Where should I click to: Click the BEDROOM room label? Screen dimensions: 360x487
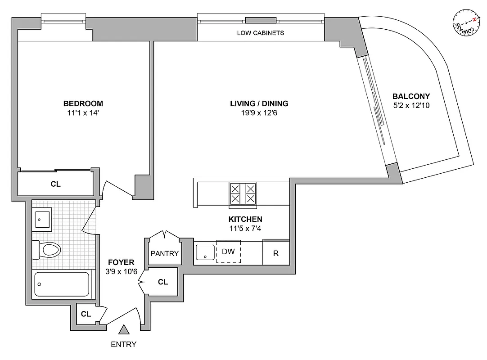83,103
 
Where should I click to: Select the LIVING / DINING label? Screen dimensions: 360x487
259,103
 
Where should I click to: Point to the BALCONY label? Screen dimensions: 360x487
411,96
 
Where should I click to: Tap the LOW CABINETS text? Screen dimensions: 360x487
261,33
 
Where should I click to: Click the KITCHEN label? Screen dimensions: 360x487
245,219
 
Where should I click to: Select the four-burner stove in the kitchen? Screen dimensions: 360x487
243,193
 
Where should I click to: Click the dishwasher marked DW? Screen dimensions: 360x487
229,252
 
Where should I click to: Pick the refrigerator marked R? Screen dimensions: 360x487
276,253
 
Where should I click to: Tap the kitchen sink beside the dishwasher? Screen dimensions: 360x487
206,252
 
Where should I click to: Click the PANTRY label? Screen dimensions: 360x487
164,253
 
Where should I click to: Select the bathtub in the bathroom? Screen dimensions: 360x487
62,284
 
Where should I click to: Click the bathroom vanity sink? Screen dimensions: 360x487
43,219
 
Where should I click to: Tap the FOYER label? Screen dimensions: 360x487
121,262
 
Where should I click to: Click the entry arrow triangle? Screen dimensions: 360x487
124,330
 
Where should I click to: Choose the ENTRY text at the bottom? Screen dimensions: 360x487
123,345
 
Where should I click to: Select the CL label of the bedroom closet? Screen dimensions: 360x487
56,184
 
